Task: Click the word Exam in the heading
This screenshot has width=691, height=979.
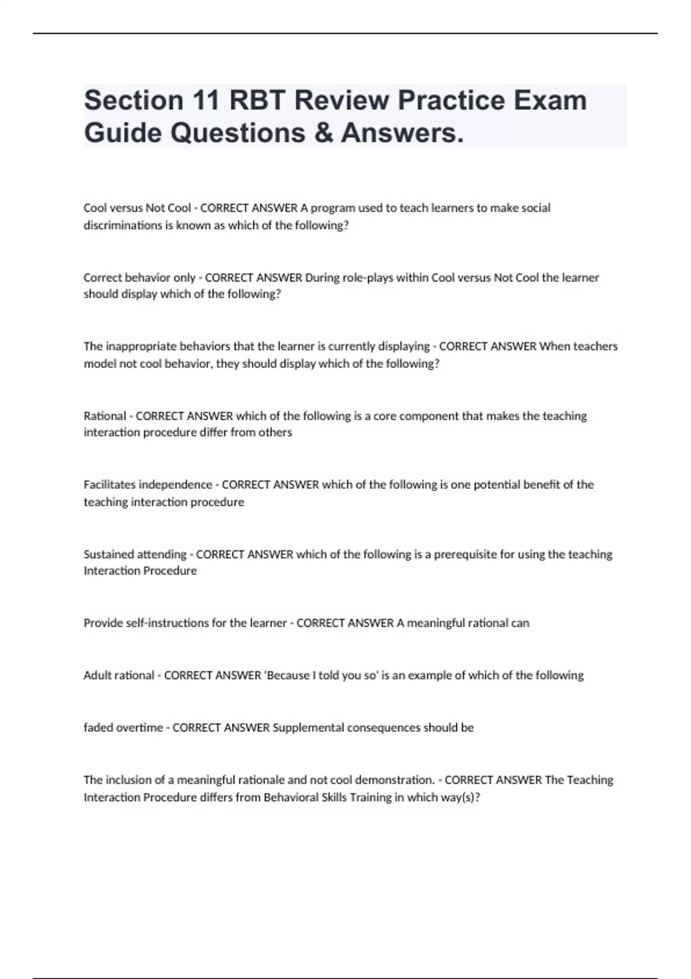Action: (x=550, y=101)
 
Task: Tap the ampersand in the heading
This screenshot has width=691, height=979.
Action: (x=323, y=133)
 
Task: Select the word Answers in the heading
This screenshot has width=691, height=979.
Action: (x=402, y=133)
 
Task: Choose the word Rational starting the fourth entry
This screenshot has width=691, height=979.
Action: (x=105, y=416)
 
